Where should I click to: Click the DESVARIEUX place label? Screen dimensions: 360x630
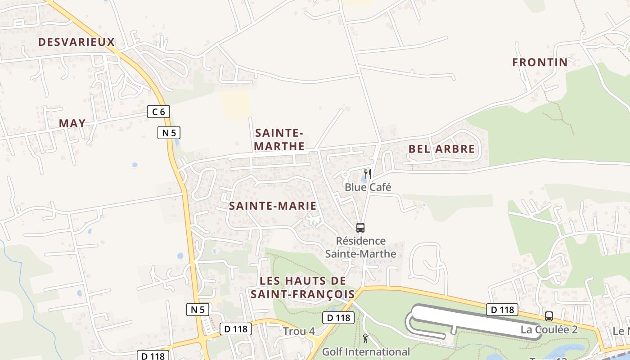(x=76, y=42)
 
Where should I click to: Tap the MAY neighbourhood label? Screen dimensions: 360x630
(x=72, y=123)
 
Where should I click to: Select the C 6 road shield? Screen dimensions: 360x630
(x=158, y=112)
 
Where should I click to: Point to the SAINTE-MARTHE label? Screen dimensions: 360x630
(x=279, y=139)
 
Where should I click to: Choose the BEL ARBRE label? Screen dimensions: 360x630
(x=441, y=149)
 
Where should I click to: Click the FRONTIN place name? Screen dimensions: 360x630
(x=540, y=63)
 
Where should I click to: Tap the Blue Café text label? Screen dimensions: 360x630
(x=368, y=187)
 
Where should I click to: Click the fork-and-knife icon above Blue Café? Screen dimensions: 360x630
(x=368, y=174)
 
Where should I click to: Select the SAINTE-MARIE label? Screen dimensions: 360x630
(x=273, y=206)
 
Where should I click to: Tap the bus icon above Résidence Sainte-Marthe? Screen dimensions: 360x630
(x=360, y=228)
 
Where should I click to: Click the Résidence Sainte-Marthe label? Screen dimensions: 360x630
(x=361, y=247)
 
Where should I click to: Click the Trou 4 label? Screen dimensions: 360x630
(x=299, y=332)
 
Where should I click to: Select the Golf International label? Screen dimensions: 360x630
(x=366, y=352)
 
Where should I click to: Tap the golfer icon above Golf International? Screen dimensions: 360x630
(x=365, y=338)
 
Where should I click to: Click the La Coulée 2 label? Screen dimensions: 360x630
(x=549, y=329)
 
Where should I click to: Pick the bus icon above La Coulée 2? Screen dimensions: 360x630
(x=549, y=316)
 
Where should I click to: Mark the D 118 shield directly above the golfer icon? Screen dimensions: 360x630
(x=338, y=318)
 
